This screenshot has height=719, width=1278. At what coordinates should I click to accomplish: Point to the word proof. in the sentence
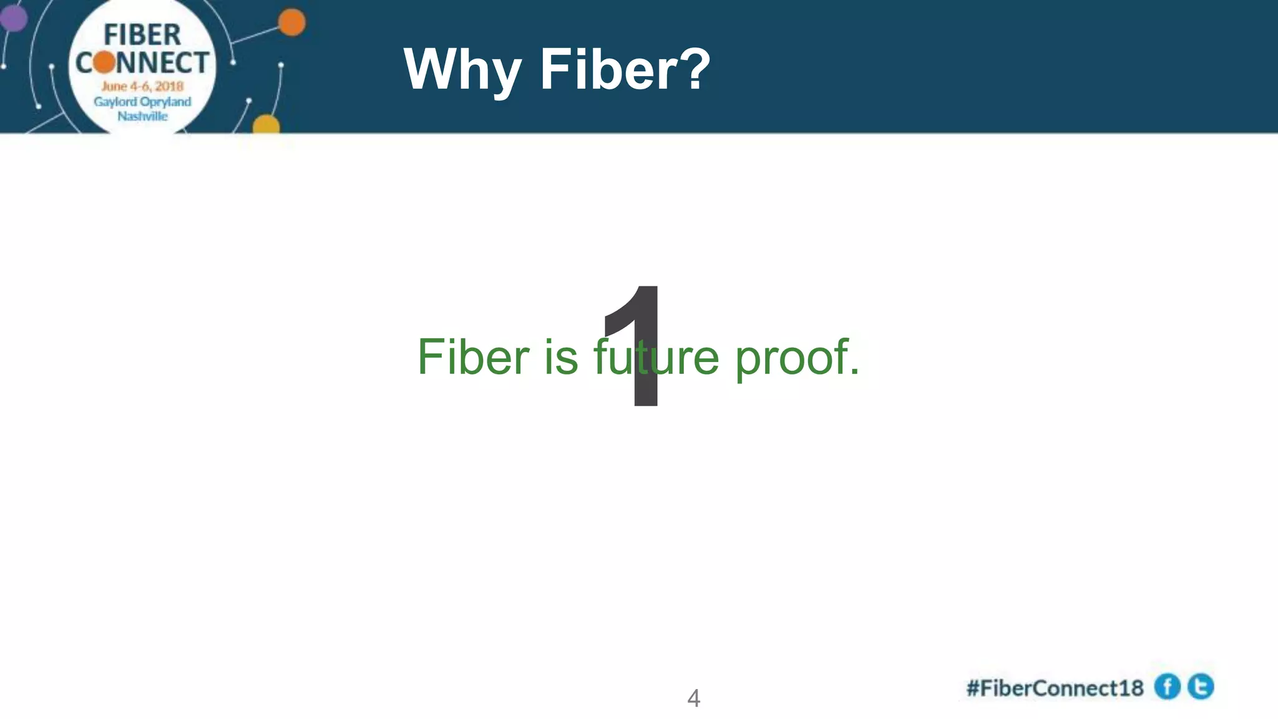pyautogui.click(x=797, y=358)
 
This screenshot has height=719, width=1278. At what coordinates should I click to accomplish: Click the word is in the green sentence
pyautogui.click(x=561, y=357)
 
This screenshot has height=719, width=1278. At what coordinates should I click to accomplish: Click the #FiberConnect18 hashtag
pyautogui.click(x=1055, y=688)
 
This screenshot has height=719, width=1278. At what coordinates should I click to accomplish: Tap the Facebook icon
pyautogui.click(x=1167, y=687)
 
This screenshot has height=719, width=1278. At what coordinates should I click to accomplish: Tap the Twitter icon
pyautogui.click(x=1201, y=687)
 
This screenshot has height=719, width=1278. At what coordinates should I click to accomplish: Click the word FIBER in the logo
pyautogui.click(x=142, y=35)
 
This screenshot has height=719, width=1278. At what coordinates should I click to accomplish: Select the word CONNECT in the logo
pyautogui.click(x=142, y=62)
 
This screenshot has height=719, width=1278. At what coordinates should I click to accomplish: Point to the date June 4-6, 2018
pyautogui.click(x=142, y=86)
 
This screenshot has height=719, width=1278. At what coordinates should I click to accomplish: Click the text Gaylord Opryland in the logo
pyautogui.click(x=142, y=102)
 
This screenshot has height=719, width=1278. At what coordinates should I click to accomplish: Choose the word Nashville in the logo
pyautogui.click(x=142, y=116)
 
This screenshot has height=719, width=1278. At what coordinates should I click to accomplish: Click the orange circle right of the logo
pyautogui.click(x=291, y=23)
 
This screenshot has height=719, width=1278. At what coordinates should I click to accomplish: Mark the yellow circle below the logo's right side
pyautogui.click(x=266, y=125)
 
